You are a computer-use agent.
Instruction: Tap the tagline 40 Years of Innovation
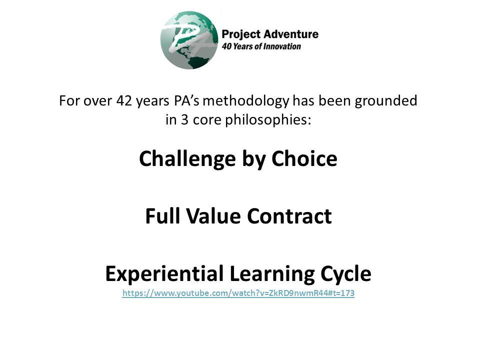click(x=261, y=46)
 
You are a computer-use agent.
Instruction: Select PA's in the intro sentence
click(x=185, y=101)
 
